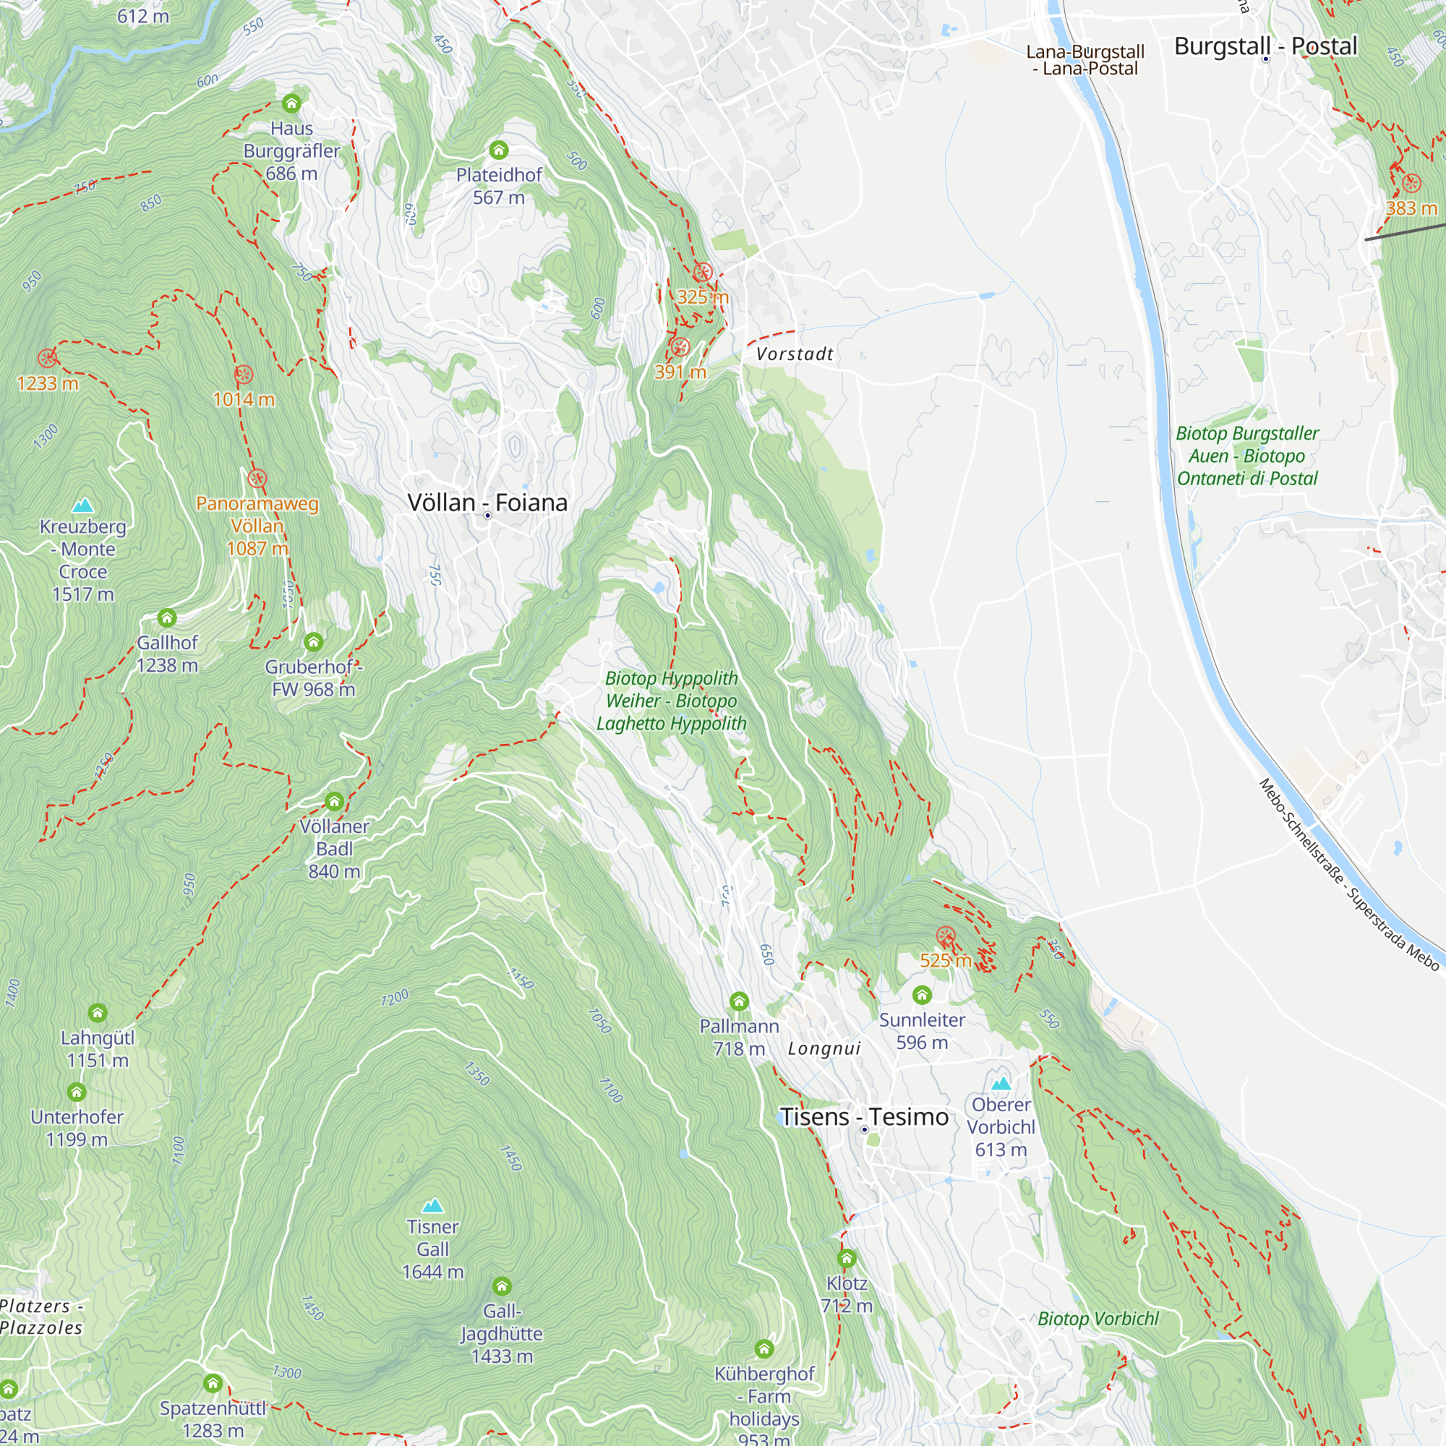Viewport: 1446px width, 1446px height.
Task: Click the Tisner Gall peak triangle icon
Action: tap(432, 1206)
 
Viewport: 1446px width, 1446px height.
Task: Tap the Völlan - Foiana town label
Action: tap(487, 503)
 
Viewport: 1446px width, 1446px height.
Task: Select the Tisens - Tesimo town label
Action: tap(865, 1117)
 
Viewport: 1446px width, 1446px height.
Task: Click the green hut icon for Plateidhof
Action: tap(499, 150)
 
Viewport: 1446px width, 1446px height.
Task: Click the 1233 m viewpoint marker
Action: tap(47, 358)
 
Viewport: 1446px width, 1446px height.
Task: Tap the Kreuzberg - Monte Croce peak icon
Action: tap(83, 505)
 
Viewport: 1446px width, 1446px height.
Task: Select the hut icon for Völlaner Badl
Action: tap(335, 803)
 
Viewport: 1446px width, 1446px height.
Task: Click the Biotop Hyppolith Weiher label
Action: tap(672, 701)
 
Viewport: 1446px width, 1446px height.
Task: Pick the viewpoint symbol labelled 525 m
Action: tap(946, 936)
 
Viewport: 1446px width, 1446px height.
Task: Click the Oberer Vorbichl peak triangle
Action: tap(1001, 1083)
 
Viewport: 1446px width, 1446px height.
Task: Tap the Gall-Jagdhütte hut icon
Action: tap(502, 1287)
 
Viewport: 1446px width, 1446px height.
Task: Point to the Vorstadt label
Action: tap(794, 354)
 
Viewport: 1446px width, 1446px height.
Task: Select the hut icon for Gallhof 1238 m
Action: tap(167, 618)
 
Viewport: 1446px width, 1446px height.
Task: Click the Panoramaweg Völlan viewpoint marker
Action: tap(257, 477)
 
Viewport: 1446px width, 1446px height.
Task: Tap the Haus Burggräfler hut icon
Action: tap(292, 103)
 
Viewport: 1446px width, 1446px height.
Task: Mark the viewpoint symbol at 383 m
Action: tap(1411, 184)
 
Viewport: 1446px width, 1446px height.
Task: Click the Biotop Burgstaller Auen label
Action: tap(1247, 455)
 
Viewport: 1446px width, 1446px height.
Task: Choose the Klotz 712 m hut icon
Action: tap(847, 1259)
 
